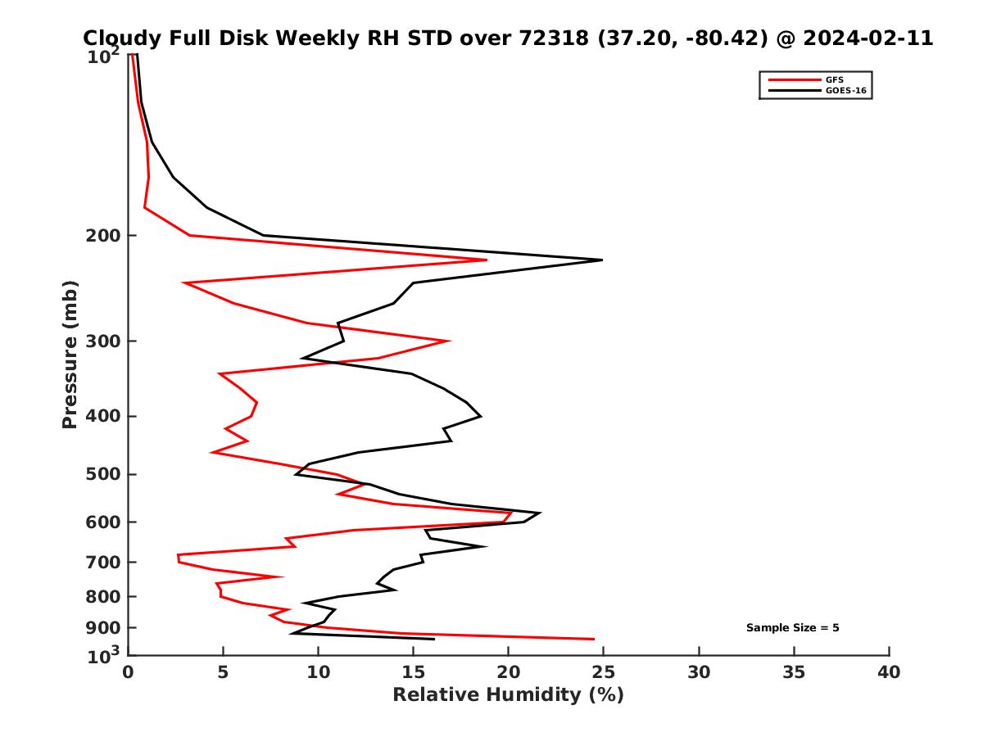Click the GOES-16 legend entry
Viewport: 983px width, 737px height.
click(x=845, y=91)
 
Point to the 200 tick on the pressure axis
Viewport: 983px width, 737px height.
click(x=106, y=236)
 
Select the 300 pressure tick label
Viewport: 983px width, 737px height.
click(x=106, y=341)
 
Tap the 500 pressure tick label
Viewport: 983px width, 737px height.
click(x=106, y=474)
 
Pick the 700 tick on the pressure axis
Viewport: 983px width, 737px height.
click(x=106, y=562)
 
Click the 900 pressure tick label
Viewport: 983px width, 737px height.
click(x=106, y=628)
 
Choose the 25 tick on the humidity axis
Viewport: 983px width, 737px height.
click(x=604, y=672)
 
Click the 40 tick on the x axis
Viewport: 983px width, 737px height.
click(x=889, y=672)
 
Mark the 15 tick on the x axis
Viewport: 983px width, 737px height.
click(x=413, y=672)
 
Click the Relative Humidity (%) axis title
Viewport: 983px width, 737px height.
click(x=508, y=695)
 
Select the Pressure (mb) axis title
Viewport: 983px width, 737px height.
click(x=70, y=354)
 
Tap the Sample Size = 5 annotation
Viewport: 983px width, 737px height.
click(x=792, y=628)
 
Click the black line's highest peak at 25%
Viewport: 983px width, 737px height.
click(x=602, y=260)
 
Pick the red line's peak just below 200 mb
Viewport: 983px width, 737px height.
click(x=487, y=260)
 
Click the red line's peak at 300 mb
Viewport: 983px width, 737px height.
click(x=450, y=341)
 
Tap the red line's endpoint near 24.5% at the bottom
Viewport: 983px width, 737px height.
click(x=594, y=639)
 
